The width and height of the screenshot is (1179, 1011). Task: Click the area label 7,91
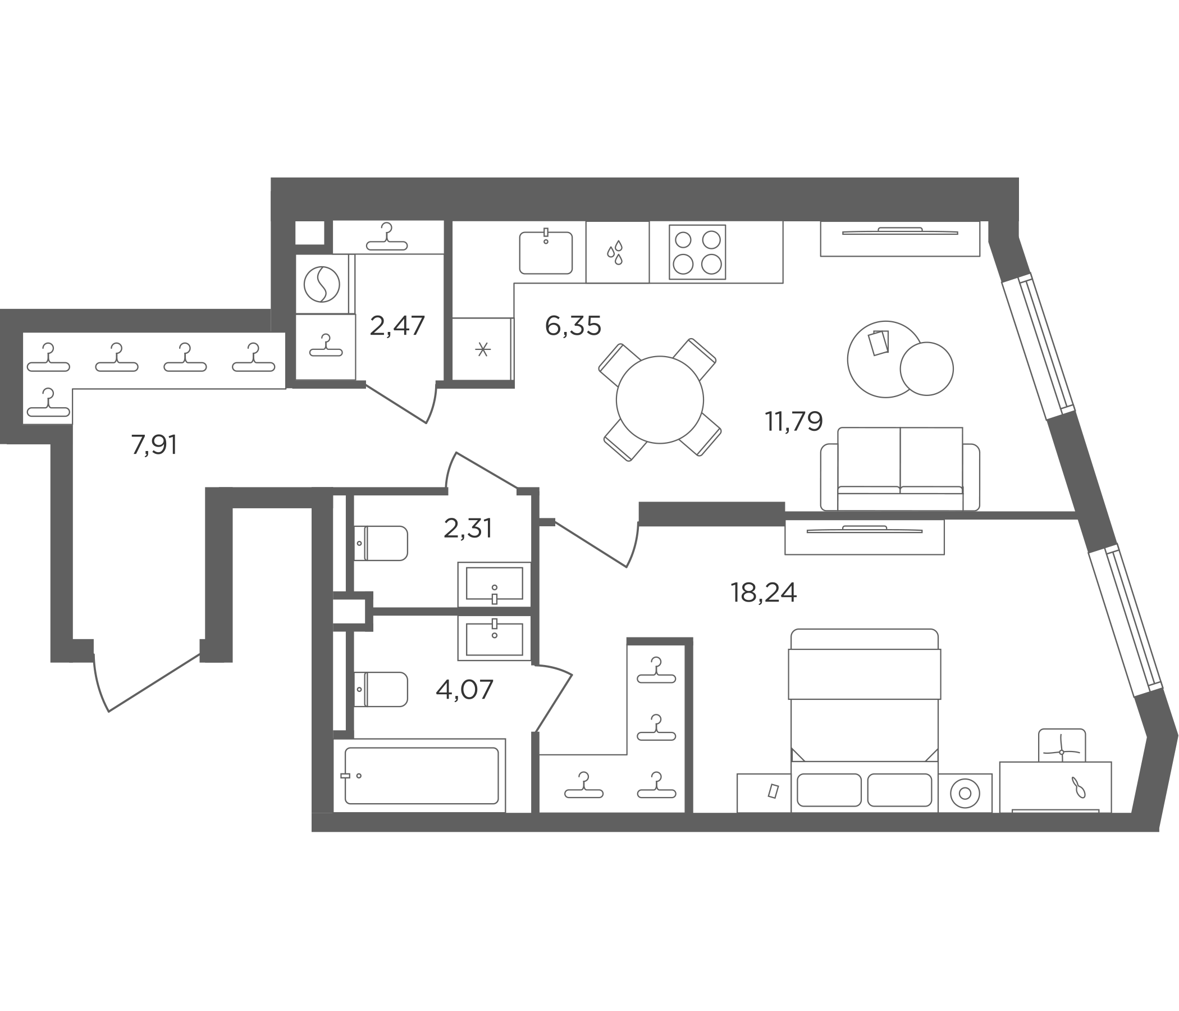(154, 445)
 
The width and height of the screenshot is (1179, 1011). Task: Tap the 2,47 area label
(397, 326)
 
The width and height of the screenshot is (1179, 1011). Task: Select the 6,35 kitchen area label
(573, 326)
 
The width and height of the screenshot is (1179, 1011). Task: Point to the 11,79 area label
(794, 421)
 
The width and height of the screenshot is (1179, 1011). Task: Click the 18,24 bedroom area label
(764, 593)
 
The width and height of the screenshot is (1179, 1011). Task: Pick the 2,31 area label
(468, 529)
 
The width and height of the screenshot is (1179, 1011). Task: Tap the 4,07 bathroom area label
(464, 690)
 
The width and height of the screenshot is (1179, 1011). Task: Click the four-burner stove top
(697, 252)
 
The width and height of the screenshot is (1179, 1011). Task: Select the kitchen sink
(546, 252)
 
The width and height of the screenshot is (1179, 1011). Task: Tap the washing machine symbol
(322, 284)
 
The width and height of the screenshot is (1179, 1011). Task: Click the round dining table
(660, 399)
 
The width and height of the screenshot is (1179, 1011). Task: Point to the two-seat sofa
(899, 469)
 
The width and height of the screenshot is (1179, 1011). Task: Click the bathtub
(421, 776)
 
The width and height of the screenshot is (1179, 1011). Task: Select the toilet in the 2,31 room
(381, 543)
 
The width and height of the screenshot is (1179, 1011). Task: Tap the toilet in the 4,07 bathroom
(381, 689)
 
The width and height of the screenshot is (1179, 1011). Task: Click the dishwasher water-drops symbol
(615, 252)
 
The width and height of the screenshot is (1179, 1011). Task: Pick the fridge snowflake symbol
(483, 349)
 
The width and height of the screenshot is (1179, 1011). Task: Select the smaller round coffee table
(926, 368)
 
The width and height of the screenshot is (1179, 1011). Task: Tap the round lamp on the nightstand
(965, 793)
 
